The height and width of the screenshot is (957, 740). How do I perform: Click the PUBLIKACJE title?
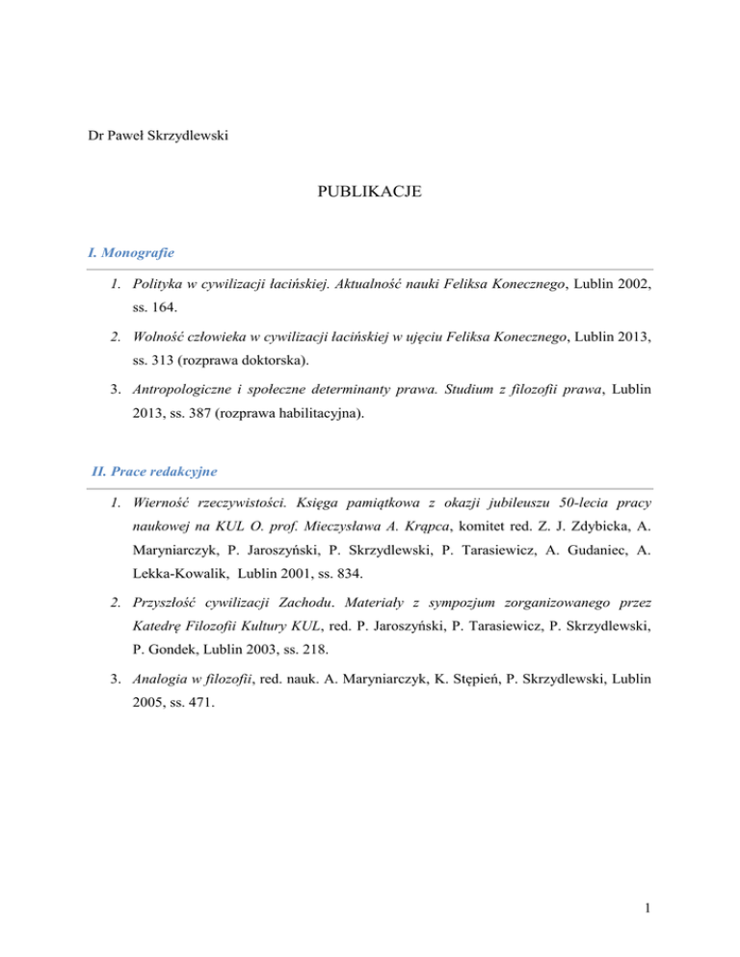coord(370,194)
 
